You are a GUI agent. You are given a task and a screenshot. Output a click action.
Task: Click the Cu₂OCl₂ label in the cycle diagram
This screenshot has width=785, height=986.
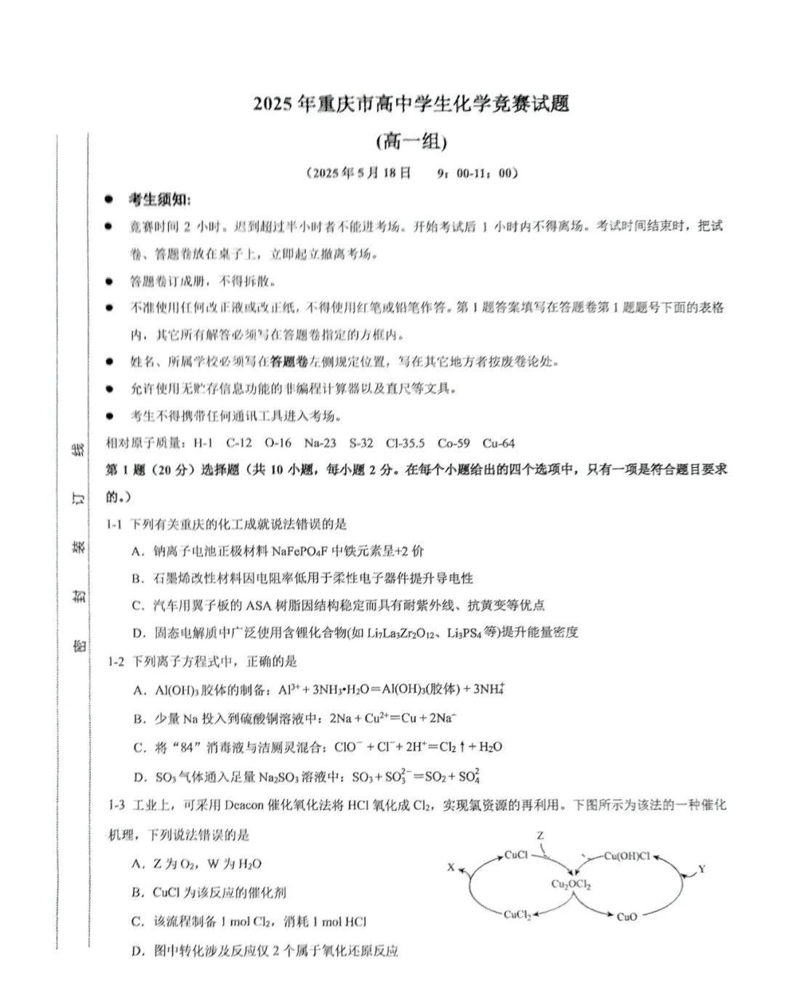click(571, 885)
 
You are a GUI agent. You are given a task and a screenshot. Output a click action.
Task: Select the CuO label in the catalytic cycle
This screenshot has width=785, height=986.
click(626, 916)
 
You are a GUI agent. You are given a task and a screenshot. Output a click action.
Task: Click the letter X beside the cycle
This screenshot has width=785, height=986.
click(451, 867)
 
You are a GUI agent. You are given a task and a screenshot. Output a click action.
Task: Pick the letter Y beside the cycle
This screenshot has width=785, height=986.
click(701, 869)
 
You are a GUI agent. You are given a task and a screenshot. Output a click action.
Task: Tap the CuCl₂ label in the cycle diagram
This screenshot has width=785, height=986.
click(518, 914)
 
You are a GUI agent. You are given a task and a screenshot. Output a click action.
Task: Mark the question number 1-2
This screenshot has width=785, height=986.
click(116, 661)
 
